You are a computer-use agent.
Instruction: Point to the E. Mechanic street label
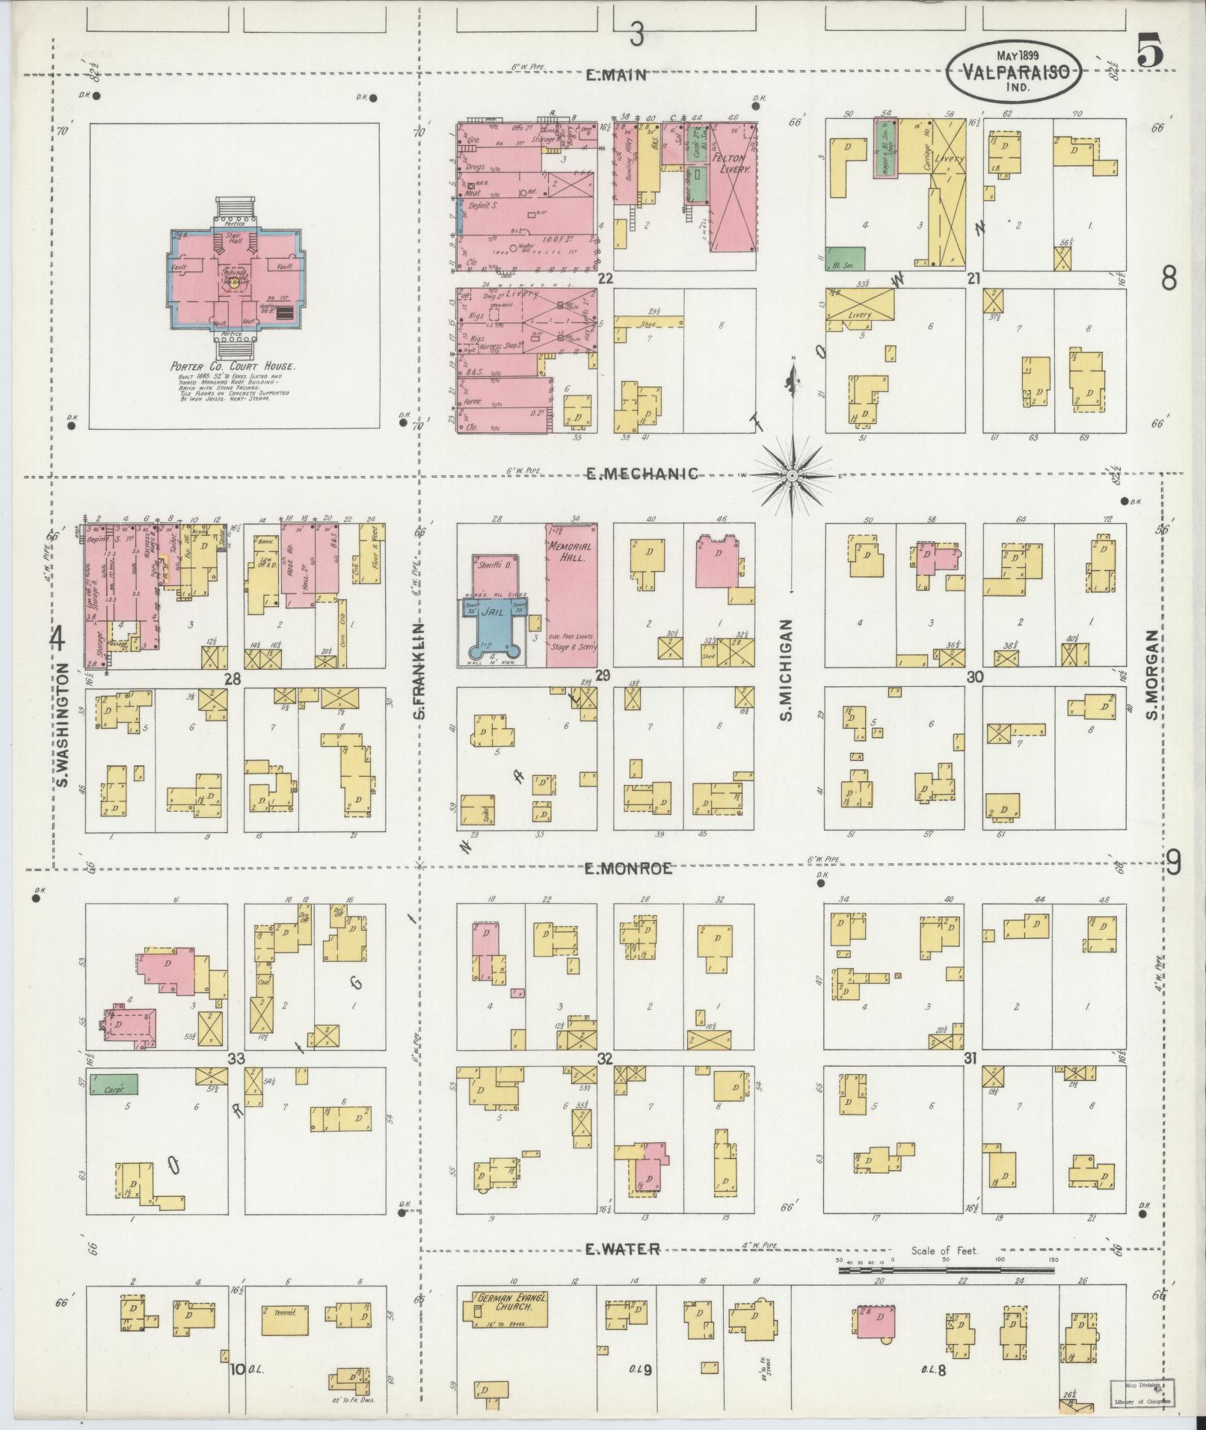coord(642,474)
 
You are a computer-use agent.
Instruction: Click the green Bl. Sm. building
coord(845,259)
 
